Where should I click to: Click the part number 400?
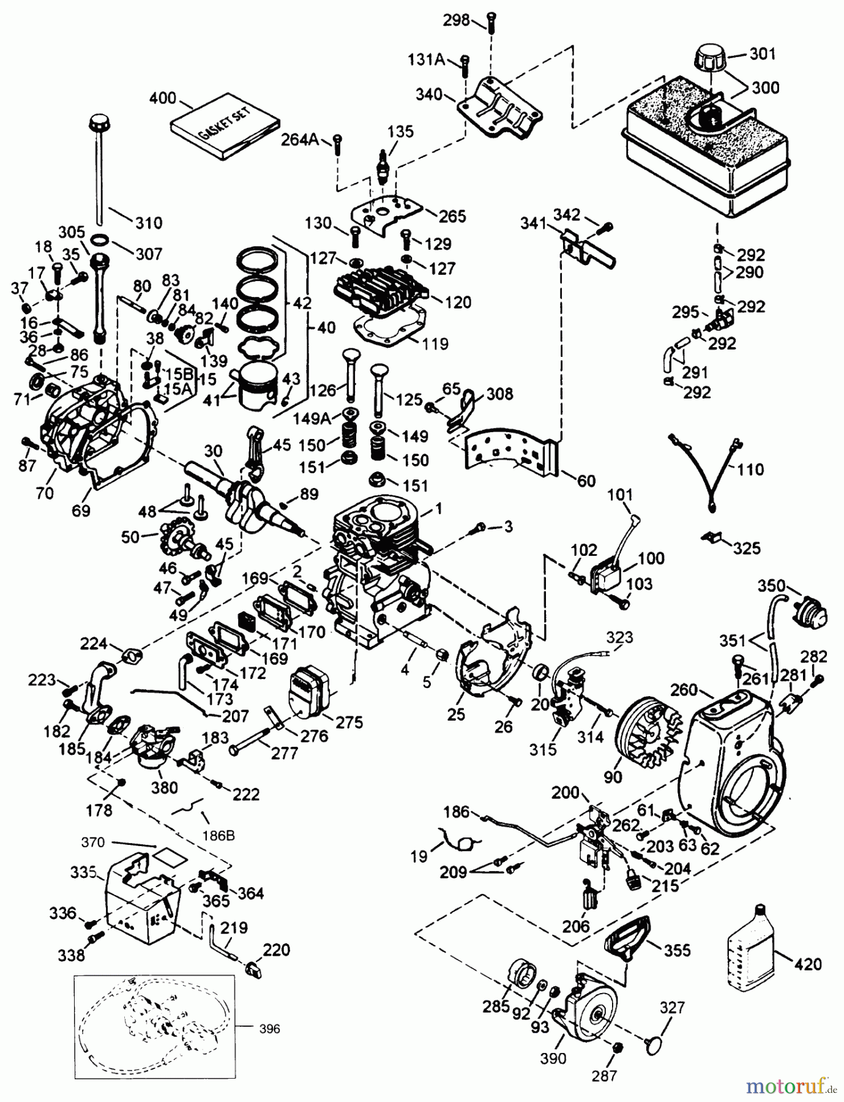(x=162, y=98)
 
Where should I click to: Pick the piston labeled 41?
(x=259, y=387)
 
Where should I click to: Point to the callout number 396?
(x=267, y=1029)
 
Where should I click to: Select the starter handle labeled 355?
(x=626, y=939)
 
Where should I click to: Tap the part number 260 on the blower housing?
(x=684, y=690)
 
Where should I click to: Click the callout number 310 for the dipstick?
(x=148, y=222)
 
